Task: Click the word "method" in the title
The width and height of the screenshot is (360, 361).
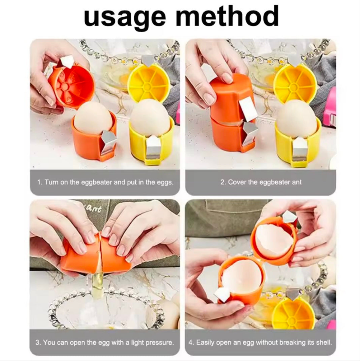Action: point(227,16)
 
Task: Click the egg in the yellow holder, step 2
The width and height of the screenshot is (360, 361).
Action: point(296,120)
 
